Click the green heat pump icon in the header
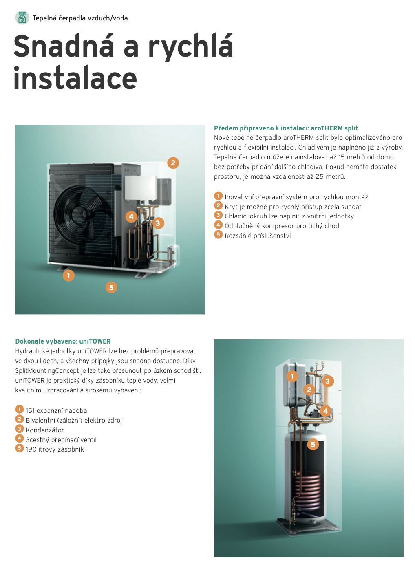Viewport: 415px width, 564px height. pos(22,18)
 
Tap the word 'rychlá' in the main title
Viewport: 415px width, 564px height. pos(191,46)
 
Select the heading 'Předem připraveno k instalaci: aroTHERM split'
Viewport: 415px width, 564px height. pos(286,128)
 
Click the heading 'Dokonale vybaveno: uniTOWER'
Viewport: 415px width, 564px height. pos(63,341)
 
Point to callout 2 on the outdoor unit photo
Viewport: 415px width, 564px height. pos(173,163)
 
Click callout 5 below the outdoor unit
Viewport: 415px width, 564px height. pos(111,287)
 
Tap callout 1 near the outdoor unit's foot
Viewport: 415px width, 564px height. pos(68,275)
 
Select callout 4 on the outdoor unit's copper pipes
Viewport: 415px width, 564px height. pos(131,216)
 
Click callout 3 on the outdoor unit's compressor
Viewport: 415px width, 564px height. pos(158,223)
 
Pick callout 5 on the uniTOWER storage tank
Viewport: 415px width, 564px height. pos(313,445)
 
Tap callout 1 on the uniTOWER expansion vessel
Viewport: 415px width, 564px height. pos(292,377)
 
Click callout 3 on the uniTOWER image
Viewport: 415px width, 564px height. pos(327,381)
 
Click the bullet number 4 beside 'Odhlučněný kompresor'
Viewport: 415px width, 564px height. pos(219,225)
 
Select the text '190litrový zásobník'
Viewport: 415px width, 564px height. pos(55,449)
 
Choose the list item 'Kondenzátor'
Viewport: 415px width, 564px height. pos(45,430)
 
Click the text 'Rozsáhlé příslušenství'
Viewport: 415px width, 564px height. pos(258,236)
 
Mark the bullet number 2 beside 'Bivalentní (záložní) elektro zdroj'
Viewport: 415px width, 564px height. pos(20,419)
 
